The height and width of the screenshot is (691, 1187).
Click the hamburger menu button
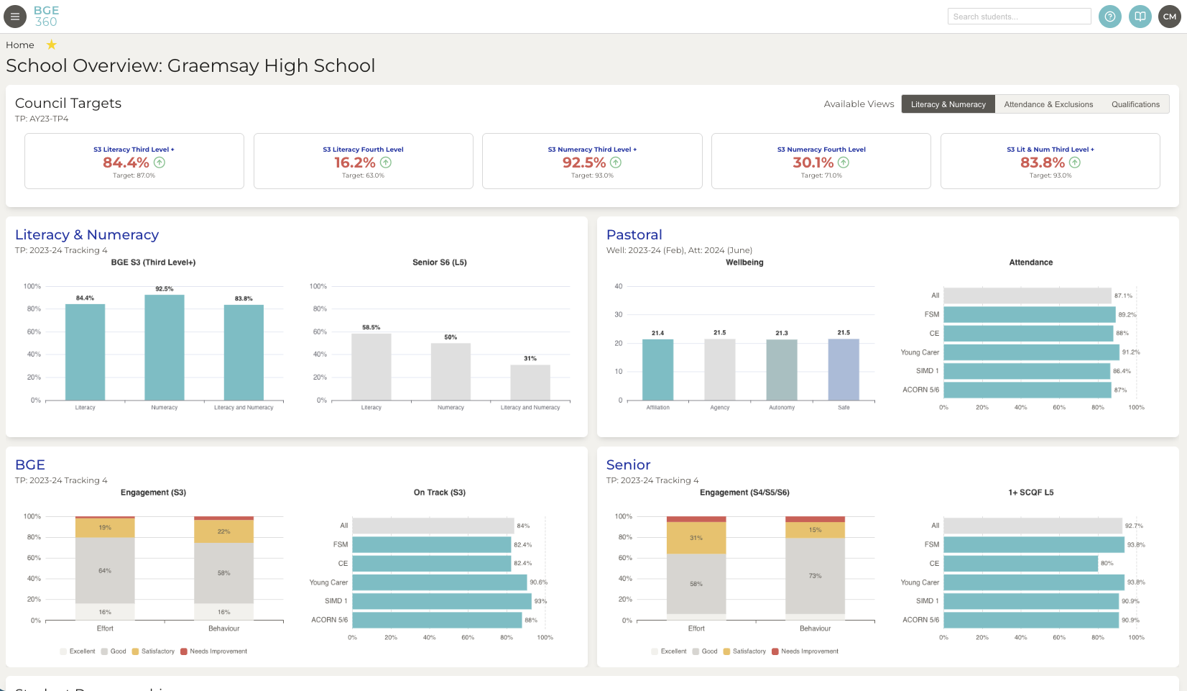pyautogui.click(x=15, y=16)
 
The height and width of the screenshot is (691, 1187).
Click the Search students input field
pyautogui.click(x=1019, y=17)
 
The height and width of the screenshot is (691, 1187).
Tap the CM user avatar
pyautogui.click(x=1169, y=17)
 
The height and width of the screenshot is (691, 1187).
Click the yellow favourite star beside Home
pyautogui.click(x=52, y=45)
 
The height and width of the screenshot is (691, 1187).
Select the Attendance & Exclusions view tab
pyautogui.click(x=1048, y=104)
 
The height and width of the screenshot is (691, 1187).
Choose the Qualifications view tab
pyautogui.click(x=1135, y=104)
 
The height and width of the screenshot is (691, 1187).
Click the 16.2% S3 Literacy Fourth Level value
pyautogui.click(x=355, y=163)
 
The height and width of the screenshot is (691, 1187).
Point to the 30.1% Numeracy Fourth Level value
pyautogui.click(x=813, y=163)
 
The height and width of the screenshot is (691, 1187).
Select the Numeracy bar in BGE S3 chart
pyautogui.click(x=165, y=347)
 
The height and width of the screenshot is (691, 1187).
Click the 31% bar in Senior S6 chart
pyautogui.click(x=530, y=383)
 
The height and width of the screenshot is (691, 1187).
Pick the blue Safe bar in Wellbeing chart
pyautogui.click(x=844, y=370)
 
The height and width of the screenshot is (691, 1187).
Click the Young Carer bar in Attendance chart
pyautogui.click(x=1030, y=352)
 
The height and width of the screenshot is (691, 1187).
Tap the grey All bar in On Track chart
pyautogui.click(x=433, y=526)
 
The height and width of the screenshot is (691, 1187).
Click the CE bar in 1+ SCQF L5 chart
pyautogui.click(x=1020, y=564)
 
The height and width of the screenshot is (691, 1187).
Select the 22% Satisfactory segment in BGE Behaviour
pyautogui.click(x=223, y=531)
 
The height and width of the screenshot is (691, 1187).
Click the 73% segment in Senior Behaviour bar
pyautogui.click(x=815, y=576)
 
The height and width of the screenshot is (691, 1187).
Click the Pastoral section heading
pyautogui.click(x=634, y=235)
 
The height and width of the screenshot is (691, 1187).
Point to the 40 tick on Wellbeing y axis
pyautogui.click(x=618, y=286)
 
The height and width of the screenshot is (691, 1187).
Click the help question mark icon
pyautogui.click(x=1109, y=17)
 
